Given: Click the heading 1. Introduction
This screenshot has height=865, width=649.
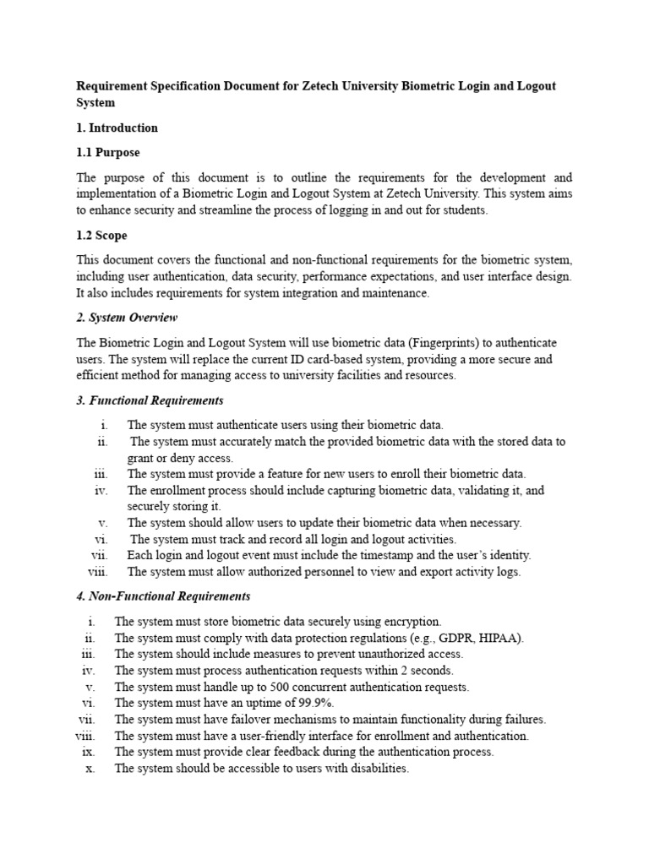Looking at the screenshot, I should point(117,128).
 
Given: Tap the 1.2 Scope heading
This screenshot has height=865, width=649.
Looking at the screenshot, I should point(102,236).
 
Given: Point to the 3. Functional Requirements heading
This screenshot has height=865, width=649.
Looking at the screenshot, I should point(150,400).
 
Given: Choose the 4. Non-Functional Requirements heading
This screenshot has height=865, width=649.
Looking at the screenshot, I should point(163,596).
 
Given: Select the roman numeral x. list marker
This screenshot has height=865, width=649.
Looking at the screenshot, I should point(90,769).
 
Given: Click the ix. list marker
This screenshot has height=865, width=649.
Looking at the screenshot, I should point(89,752).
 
